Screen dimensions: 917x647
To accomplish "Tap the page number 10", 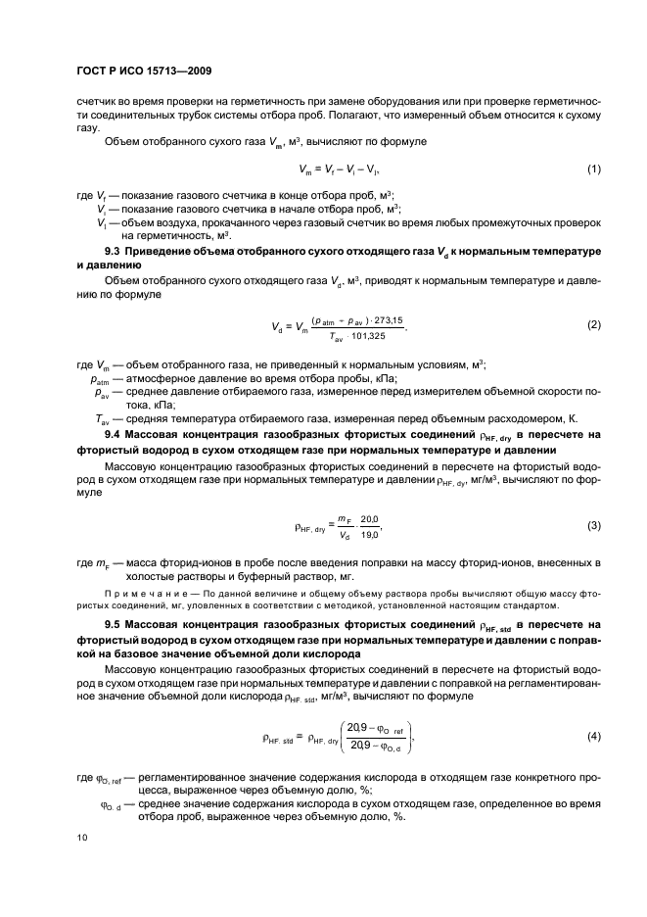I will point(81,838).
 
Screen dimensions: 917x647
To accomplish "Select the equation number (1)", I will point(593,169).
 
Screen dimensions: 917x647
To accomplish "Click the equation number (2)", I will point(593,324).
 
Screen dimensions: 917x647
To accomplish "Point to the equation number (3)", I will point(593,526).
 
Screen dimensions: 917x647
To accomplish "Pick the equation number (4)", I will point(593,736).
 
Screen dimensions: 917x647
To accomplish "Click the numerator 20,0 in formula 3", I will point(369,519).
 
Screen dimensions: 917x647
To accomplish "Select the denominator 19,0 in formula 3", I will point(369,535).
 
